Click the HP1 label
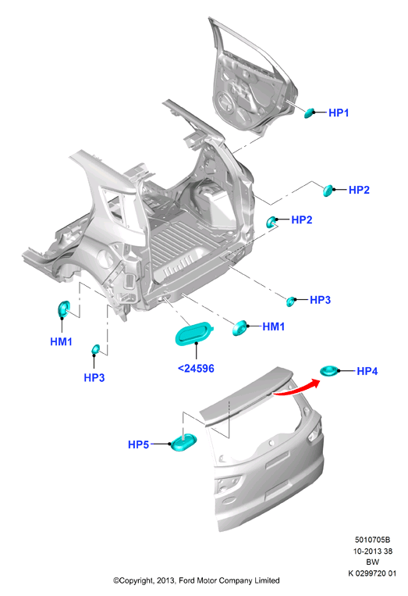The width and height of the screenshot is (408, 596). pyautogui.click(x=338, y=112)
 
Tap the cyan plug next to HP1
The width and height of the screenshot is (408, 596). pyautogui.click(x=310, y=113)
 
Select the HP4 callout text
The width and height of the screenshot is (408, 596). pyautogui.click(x=367, y=371)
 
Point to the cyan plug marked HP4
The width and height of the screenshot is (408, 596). pyautogui.click(x=328, y=370)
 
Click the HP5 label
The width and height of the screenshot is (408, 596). pyautogui.click(x=139, y=444)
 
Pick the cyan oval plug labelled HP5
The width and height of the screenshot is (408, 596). pyautogui.click(x=183, y=441)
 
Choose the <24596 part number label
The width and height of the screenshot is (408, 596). pyautogui.click(x=196, y=369)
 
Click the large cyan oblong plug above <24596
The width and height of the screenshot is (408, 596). pyautogui.click(x=194, y=334)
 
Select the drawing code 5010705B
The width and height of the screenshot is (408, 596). pyautogui.click(x=372, y=540)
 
